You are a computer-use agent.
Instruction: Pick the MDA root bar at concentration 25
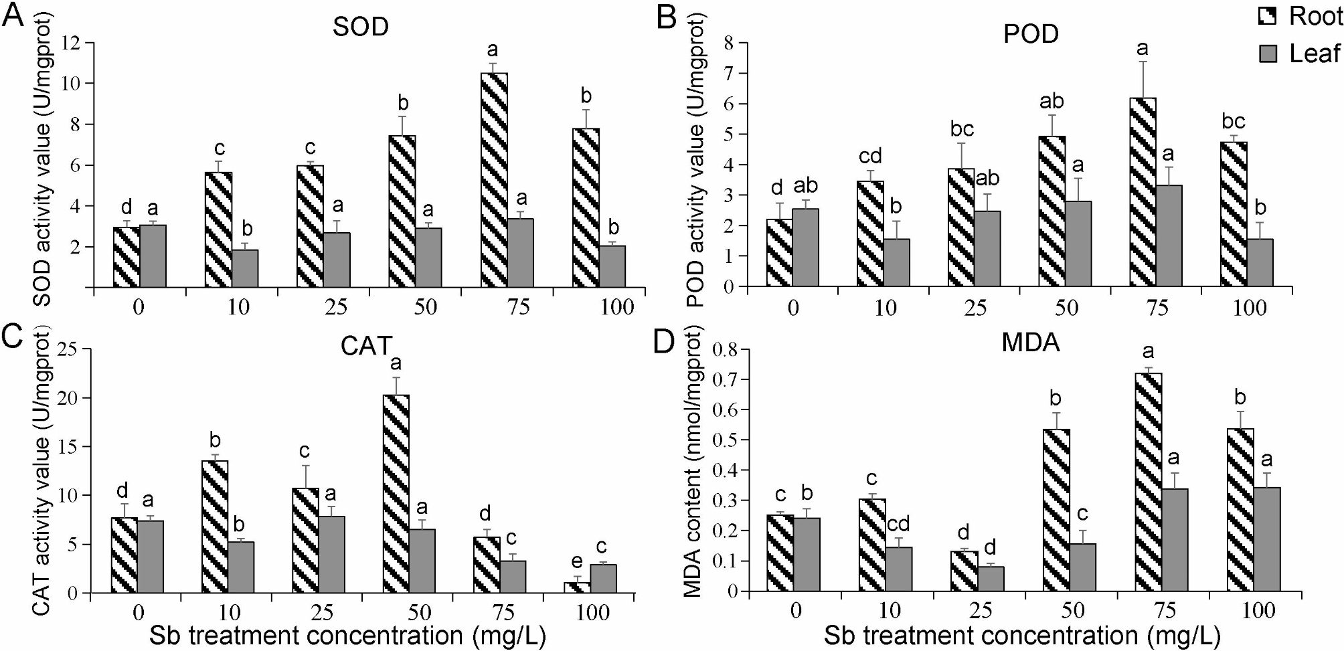coord(965,571)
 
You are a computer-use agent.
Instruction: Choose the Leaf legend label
coord(1314,54)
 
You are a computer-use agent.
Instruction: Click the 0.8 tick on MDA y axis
coord(726,349)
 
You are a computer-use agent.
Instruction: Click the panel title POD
coord(1031,34)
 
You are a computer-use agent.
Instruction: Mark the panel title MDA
coord(1030,343)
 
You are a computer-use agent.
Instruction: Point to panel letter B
coord(666,17)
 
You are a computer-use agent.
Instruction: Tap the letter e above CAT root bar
coord(576,561)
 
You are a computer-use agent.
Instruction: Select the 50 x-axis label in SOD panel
coord(425,307)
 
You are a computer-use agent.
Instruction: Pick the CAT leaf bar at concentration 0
coord(151,557)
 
